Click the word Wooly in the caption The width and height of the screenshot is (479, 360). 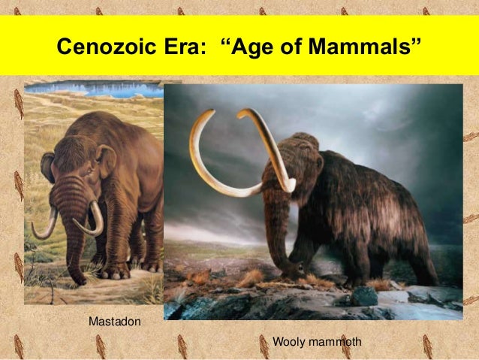[x=288, y=342]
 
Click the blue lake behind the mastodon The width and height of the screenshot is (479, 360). [x=90, y=89]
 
